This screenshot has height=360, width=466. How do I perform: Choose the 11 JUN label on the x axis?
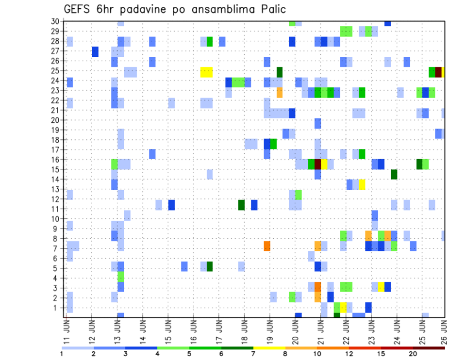tap(67, 329)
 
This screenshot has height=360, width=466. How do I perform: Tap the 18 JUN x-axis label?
tap(245, 329)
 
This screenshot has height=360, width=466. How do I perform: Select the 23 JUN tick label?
tap(371, 329)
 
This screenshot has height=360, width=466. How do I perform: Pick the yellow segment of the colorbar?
tap(269, 348)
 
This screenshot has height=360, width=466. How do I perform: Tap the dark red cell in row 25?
tap(438, 72)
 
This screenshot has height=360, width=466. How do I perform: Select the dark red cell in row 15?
tap(318, 164)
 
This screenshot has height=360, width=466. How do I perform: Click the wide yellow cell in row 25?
tap(206, 72)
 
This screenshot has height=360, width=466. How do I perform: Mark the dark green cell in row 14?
tap(394, 174)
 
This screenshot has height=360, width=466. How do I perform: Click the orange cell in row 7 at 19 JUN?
tap(267, 246)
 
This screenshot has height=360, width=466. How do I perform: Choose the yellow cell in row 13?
tap(362, 184)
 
